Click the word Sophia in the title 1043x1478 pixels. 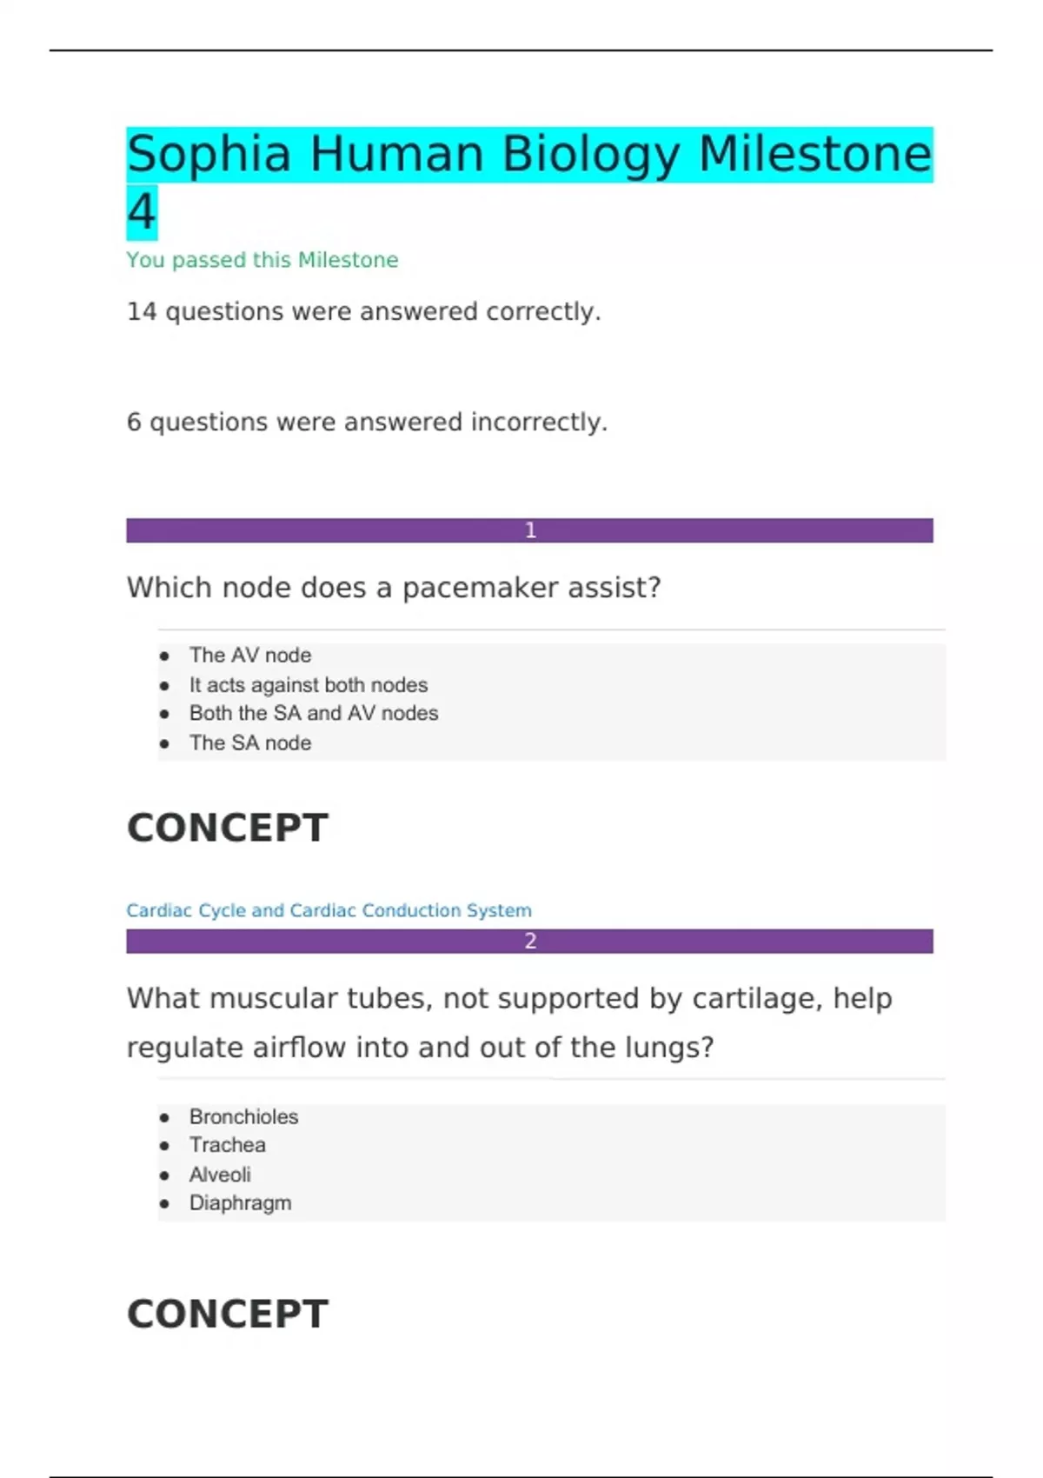click(209, 155)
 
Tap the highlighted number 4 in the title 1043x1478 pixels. click(142, 212)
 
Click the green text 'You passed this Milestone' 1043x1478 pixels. click(262, 260)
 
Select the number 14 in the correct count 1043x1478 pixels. click(141, 311)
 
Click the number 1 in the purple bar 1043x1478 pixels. click(530, 530)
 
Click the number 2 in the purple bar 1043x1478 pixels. click(530, 941)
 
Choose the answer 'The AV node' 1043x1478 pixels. click(250, 656)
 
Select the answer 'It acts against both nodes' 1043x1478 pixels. click(309, 685)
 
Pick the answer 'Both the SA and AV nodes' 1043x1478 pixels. click(314, 714)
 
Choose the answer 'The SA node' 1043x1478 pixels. click(250, 743)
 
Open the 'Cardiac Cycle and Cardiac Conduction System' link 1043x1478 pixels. click(329, 910)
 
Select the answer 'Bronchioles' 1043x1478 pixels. click(243, 1117)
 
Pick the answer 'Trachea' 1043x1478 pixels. click(228, 1146)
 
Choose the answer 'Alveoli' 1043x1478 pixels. click(220, 1175)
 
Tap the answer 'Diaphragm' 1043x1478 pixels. click(240, 1203)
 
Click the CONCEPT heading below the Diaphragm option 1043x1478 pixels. click(228, 1314)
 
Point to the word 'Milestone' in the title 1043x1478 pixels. click(814, 155)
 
